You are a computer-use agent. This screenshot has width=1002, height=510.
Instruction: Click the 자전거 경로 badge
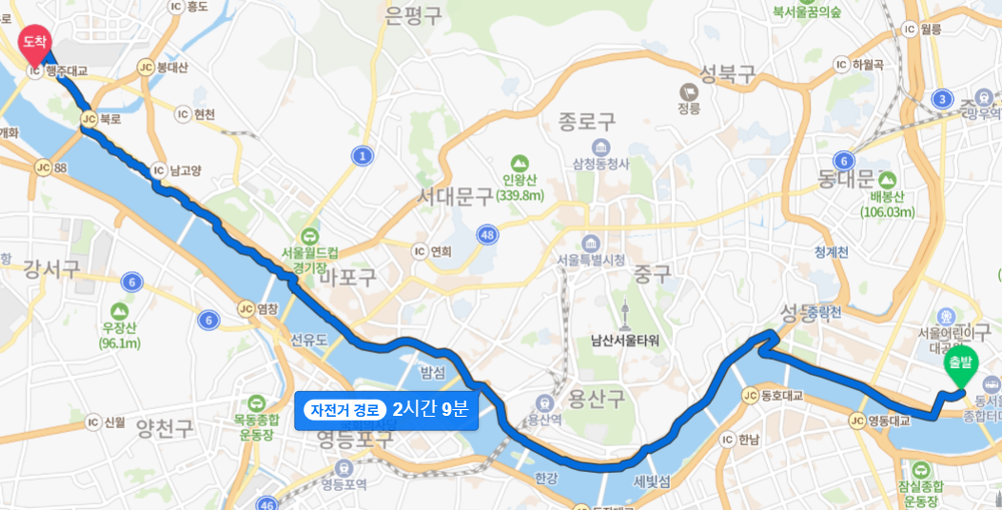coord(345,410)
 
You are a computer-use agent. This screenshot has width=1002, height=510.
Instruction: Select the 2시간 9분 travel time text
coord(430,410)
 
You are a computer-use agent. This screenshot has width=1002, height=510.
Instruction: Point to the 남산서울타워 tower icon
coord(625,313)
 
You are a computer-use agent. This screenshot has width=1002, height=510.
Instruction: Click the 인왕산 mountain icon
coord(519,163)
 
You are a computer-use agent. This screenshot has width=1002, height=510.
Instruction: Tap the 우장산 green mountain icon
coord(120,310)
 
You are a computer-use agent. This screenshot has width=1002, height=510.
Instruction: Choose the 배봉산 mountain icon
coord(887,179)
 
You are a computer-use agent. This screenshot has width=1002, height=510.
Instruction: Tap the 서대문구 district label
coord(456,197)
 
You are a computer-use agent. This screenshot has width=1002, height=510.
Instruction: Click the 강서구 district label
coord(51,268)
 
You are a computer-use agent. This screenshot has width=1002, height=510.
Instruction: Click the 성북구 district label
coord(727,72)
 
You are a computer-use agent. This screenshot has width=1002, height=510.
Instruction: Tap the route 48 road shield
coord(488,234)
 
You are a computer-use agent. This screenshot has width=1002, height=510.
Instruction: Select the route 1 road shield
coord(362,155)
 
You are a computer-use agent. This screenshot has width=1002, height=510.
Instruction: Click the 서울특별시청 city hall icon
coord(591,242)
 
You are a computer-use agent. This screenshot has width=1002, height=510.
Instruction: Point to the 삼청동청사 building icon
coord(600,147)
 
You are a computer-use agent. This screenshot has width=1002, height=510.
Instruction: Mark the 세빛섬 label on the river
coord(654,481)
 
